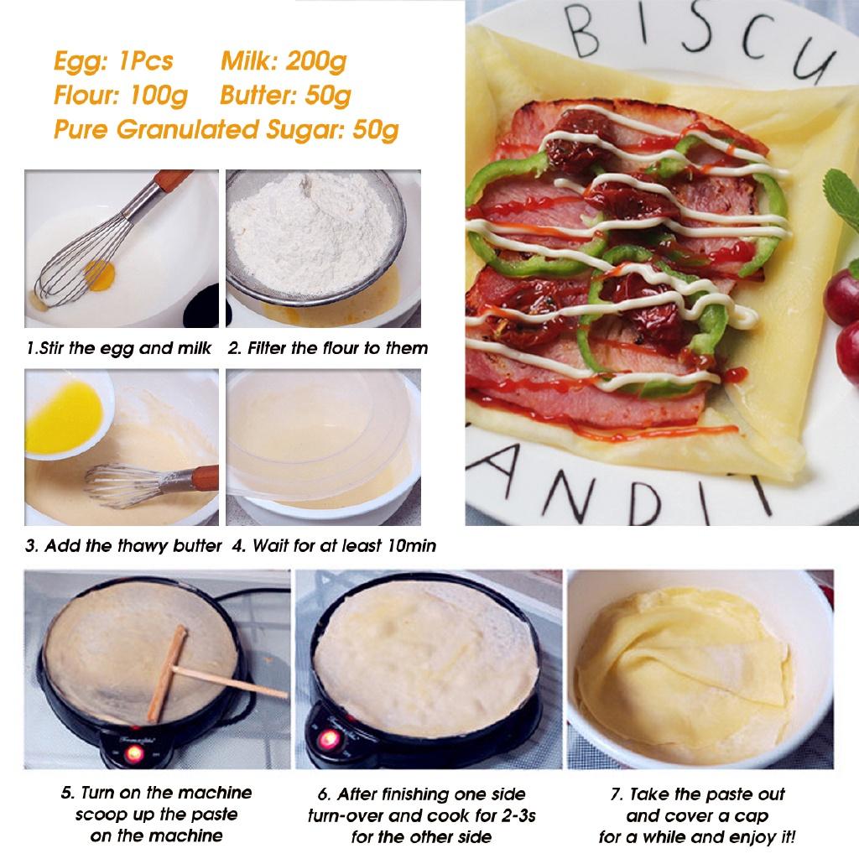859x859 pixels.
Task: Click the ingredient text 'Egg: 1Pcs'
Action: coord(113,61)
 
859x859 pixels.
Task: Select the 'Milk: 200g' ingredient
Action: coord(284,61)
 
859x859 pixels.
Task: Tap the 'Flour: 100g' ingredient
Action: coord(120,96)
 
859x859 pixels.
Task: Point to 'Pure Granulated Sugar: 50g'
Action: coord(226,130)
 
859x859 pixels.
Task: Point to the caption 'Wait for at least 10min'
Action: coord(334,546)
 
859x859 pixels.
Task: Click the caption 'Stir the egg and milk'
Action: coord(118,347)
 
